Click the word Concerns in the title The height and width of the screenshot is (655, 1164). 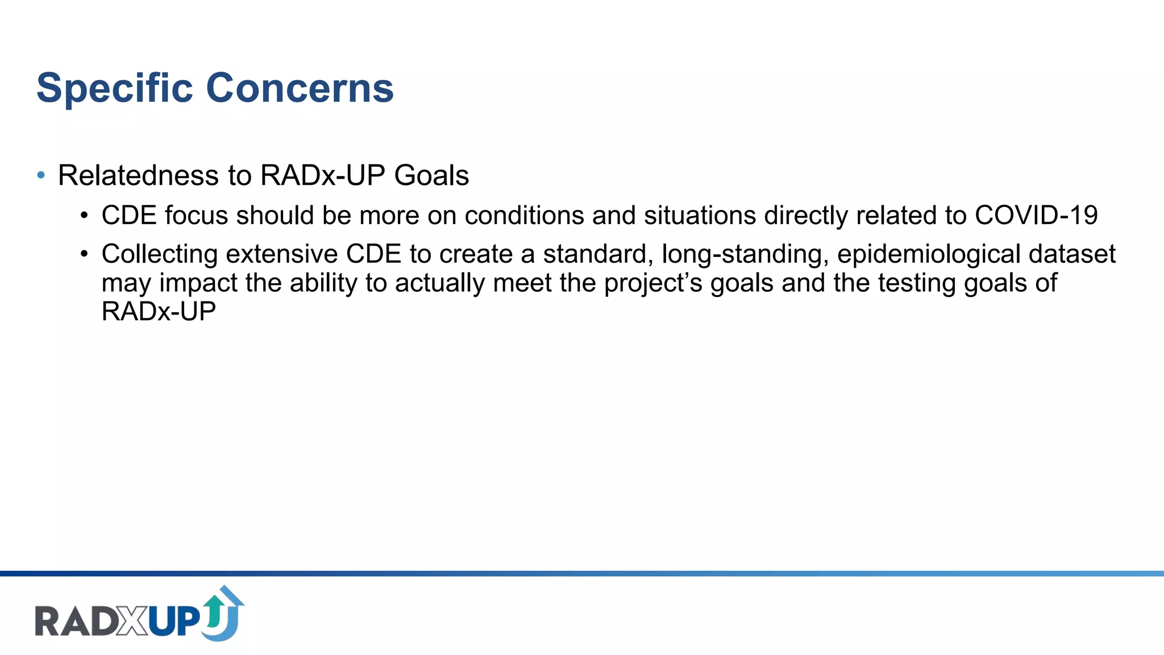(x=300, y=89)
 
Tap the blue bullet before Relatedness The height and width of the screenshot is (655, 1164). (x=41, y=175)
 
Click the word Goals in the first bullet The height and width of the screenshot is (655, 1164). (x=431, y=175)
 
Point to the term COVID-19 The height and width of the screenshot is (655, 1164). (x=1036, y=215)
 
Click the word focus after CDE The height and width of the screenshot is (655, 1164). (x=197, y=215)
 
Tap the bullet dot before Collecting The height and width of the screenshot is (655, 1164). (x=84, y=254)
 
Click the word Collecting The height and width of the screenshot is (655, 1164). (x=159, y=254)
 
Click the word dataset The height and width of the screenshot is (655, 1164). (x=1072, y=254)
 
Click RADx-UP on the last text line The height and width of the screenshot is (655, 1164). (x=159, y=312)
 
